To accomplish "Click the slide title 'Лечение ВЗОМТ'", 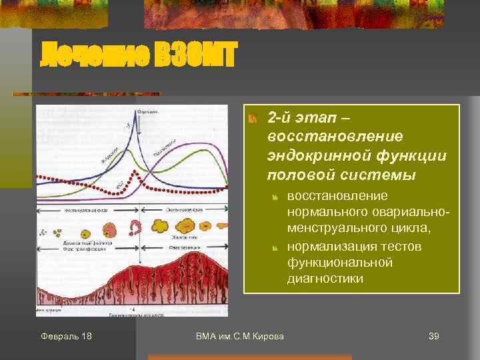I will [x=139, y=54].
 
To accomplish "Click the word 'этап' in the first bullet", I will [x=313, y=119].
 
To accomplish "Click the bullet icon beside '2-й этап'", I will [x=252, y=119].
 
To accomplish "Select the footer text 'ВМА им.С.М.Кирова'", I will [x=239, y=336].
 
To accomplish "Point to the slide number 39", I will [x=433, y=336].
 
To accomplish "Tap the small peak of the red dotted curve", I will [x=137, y=175].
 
